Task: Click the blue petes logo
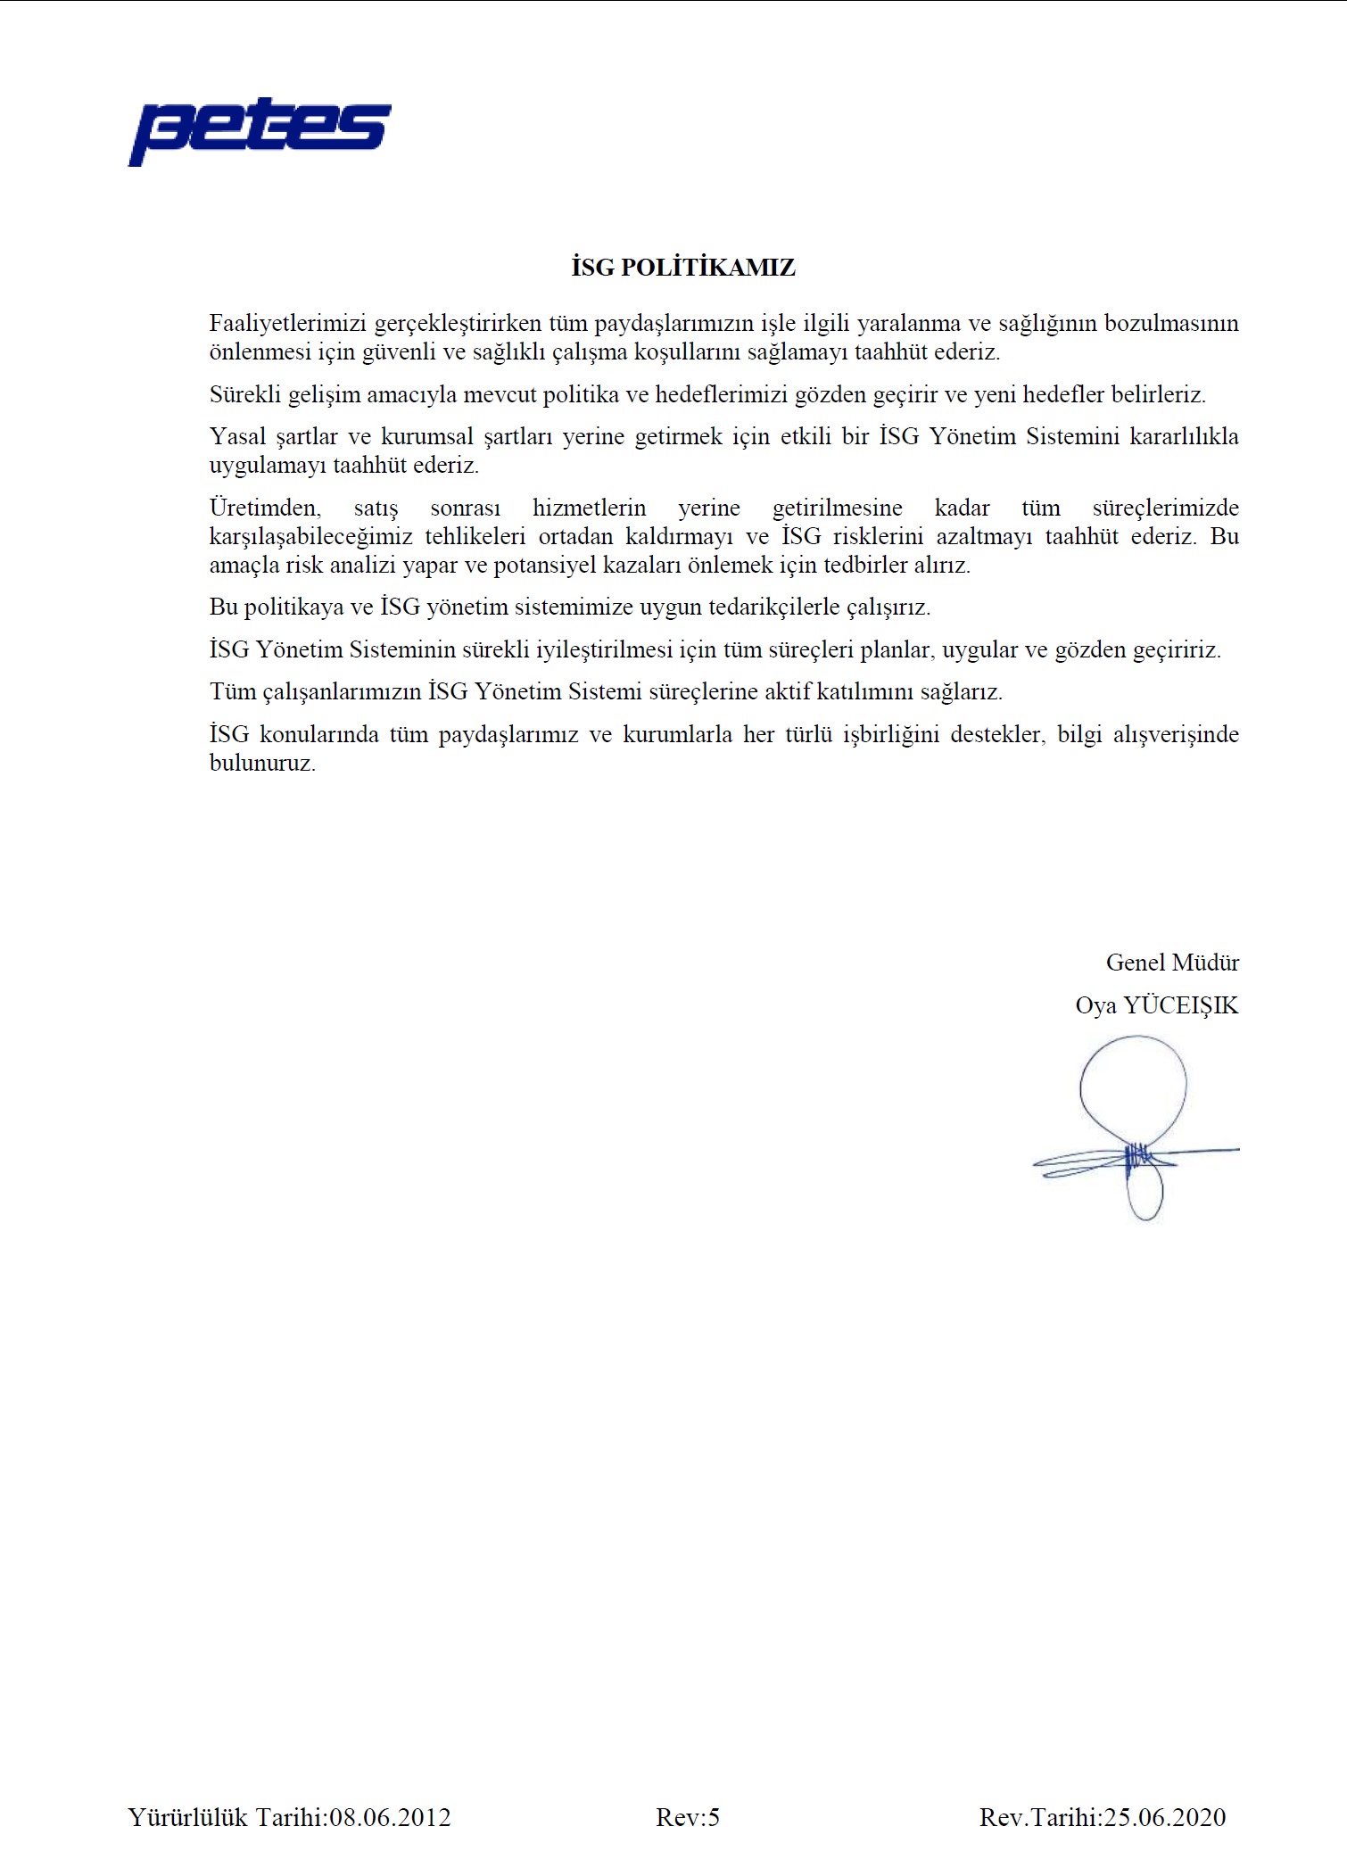tap(260, 131)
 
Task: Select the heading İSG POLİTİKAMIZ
tap(683, 268)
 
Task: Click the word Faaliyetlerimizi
tap(288, 323)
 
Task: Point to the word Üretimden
tap(264, 508)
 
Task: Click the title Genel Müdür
tap(1172, 963)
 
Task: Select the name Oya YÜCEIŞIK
tap(1157, 1005)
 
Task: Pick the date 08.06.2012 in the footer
tap(390, 1817)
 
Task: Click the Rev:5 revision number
tap(688, 1817)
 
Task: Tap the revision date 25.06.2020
tap(1165, 1817)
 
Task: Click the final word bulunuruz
tap(262, 764)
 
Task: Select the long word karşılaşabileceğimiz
tap(310, 536)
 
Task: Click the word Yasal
tap(237, 437)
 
